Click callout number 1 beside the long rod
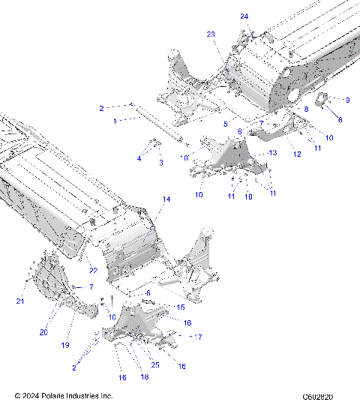tap(114, 120)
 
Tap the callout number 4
tap(139, 158)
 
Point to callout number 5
tap(225, 123)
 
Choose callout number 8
tap(305, 109)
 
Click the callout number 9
tap(347, 100)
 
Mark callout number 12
tap(297, 154)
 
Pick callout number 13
tap(273, 152)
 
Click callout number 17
tap(198, 337)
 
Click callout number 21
tap(21, 301)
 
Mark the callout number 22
tap(94, 271)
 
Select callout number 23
tap(211, 34)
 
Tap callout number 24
tap(244, 16)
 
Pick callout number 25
tap(155, 364)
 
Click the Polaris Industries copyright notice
tap(64, 395)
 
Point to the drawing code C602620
tap(318, 395)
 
